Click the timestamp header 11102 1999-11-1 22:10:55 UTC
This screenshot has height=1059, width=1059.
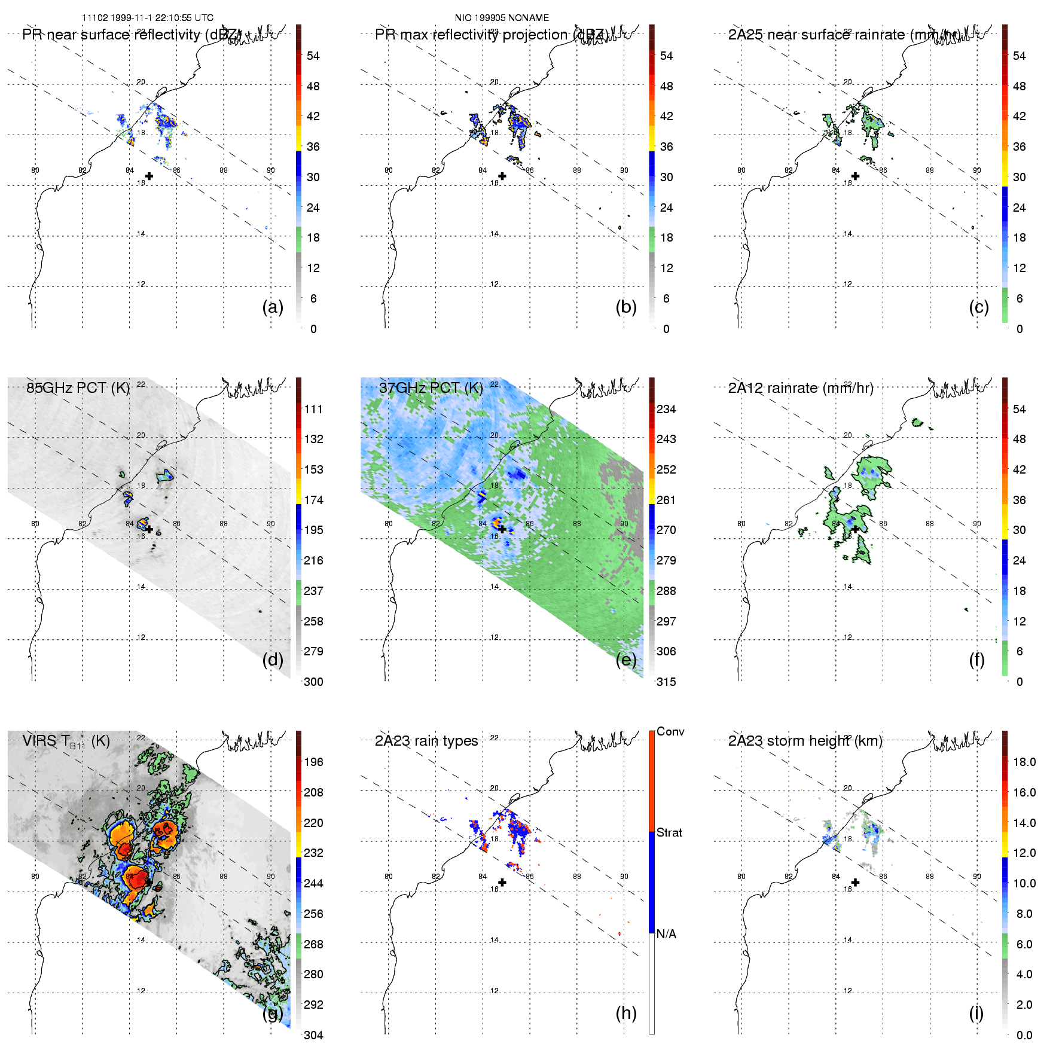click(x=147, y=18)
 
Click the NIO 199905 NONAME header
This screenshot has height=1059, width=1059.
click(x=502, y=18)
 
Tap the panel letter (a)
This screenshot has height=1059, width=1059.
click(x=273, y=307)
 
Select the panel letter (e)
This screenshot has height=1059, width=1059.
click(x=626, y=660)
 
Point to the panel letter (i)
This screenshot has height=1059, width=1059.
click(x=976, y=1013)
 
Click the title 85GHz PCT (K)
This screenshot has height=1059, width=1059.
click(x=78, y=388)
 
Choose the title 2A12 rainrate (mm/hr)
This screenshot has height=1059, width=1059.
click(x=801, y=388)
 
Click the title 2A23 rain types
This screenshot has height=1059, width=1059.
click(x=426, y=741)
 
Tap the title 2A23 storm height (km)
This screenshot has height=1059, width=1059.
click(x=805, y=741)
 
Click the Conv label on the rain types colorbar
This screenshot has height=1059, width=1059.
click(x=670, y=731)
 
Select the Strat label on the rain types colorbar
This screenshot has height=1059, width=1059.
click(x=669, y=832)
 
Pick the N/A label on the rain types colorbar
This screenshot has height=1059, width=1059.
click(x=666, y=934)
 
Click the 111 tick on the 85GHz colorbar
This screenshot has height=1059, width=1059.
click(x=313, y=409)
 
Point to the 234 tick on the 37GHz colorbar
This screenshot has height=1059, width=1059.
click(x=666, y=409)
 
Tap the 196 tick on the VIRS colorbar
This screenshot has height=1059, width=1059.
click(x=313, y=762)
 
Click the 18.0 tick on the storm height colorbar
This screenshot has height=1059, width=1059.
click(x=1024, y=762)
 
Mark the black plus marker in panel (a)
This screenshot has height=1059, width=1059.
click(x=149, y=176)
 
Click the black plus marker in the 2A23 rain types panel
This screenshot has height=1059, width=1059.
click(x=502, y=882)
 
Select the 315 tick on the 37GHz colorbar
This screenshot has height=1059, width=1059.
click(x=666, y=682)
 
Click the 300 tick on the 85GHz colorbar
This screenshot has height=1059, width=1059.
click(x=313, y=682)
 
